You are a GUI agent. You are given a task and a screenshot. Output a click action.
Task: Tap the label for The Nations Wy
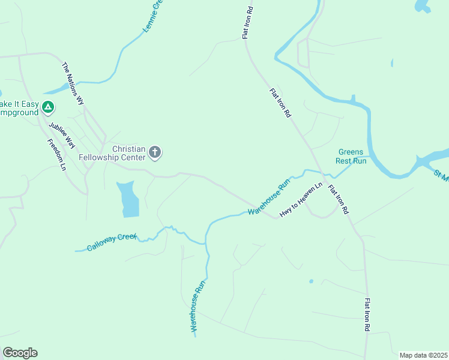[73, 83]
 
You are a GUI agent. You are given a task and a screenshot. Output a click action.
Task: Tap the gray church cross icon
[155, 152]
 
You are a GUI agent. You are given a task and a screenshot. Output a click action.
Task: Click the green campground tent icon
[48, 108]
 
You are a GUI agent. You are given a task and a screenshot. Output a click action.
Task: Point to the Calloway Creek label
[112, 242]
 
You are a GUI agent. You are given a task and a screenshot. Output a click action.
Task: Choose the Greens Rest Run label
[352, 157]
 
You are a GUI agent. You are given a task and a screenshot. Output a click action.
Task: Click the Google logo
[20, 353]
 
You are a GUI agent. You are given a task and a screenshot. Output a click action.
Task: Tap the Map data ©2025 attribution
[423, 355]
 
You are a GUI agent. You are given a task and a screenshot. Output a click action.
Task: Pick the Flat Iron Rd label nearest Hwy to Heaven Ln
[338, 200]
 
